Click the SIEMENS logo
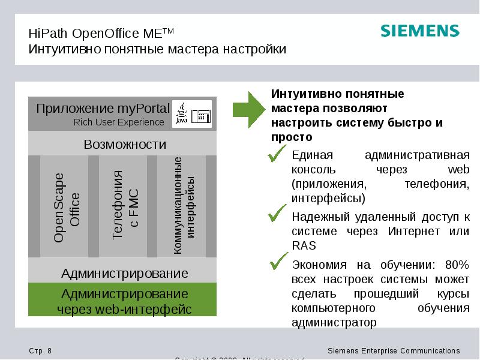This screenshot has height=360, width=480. [x=419, y=32]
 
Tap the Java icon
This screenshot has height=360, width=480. [x=181, y=113]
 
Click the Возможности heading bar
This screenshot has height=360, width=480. [x=125, y=145]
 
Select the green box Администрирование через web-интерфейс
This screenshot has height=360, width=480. [x=125, y=301]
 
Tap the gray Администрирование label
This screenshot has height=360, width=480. [x=125, y=274]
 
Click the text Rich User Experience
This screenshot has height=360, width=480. [x=119, y=122]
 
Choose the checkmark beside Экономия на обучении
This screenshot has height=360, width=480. [x=279, y=262]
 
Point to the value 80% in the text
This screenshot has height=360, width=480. [x=458, y=265]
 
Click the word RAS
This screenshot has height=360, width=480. [x=304, y=245]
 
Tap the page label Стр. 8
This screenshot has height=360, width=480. [x=40, y=350]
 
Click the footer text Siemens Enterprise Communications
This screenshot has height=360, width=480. [x=394, y=350]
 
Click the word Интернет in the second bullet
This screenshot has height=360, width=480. [x=413, y=231]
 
